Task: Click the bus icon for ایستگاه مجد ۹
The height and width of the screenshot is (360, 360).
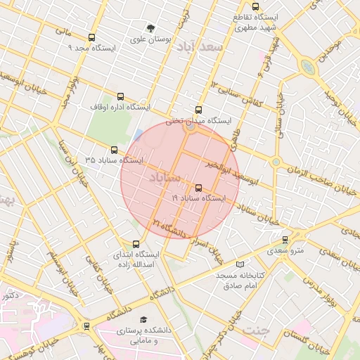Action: click(x=91, y=38)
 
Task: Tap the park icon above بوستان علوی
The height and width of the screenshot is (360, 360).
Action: click(x=150, y=29)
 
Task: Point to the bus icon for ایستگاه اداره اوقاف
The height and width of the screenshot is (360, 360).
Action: click(x=120, y=97)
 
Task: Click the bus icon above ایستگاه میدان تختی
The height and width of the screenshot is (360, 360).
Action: click(x=198, y=110)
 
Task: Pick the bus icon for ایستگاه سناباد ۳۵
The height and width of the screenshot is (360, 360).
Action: click(x=114, y=150)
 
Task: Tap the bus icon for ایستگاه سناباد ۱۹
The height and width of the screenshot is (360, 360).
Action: click(x=198, y=188)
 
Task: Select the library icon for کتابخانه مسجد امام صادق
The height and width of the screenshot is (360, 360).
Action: click(x=241, y=264)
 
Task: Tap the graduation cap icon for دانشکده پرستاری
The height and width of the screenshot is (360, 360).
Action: click(x=144, y=319)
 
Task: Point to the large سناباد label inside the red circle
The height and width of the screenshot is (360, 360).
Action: click(x=166, y=179)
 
